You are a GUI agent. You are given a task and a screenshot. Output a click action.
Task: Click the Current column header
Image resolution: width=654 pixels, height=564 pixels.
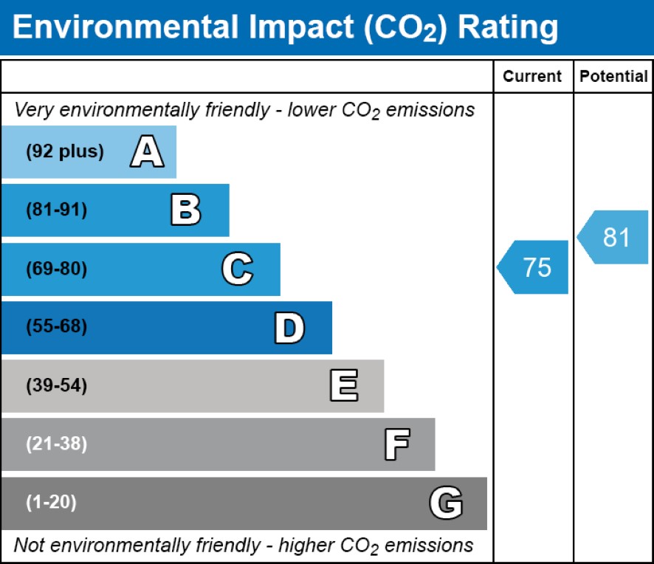[532, 76]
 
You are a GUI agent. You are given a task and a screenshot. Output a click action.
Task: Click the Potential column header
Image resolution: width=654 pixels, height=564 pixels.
[613, 76]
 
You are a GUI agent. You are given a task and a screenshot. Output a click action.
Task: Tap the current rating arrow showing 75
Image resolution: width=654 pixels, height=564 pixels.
[534, 266]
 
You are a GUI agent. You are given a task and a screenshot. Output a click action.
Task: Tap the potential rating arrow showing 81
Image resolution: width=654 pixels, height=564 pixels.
[613, 237]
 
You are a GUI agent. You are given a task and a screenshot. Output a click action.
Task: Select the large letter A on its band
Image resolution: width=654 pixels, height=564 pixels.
[147, 152]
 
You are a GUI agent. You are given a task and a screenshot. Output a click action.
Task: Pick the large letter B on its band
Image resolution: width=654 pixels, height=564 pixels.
[185, 210]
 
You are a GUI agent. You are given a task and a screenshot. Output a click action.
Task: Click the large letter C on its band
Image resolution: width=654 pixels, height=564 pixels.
[237, 269]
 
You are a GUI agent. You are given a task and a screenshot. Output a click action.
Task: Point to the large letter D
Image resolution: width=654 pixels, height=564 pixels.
[289, 328]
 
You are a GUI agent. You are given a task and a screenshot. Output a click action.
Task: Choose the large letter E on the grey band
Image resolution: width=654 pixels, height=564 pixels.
[343, 386]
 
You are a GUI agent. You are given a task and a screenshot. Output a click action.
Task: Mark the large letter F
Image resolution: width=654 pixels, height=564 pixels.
[396, 444]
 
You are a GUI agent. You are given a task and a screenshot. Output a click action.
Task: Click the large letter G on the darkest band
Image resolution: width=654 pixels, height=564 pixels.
[446, 503]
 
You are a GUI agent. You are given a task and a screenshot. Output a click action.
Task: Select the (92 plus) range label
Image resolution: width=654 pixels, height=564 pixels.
[65, 152]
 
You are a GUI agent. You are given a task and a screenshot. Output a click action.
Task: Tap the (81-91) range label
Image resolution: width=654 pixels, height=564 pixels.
[57, 210]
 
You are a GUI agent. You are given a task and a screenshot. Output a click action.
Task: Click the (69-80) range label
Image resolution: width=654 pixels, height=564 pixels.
[57, 269]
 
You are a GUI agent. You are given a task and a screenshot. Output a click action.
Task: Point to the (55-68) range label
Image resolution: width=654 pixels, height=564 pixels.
[57, 328]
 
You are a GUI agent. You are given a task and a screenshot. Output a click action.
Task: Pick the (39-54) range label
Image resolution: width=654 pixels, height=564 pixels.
[57, 386]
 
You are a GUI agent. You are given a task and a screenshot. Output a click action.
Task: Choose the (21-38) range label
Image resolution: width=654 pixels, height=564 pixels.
[57, 444]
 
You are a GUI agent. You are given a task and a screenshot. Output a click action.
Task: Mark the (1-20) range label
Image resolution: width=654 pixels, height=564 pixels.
[52, 503]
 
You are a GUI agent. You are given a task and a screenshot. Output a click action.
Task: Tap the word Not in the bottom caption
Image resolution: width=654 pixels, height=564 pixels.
[29, 546]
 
